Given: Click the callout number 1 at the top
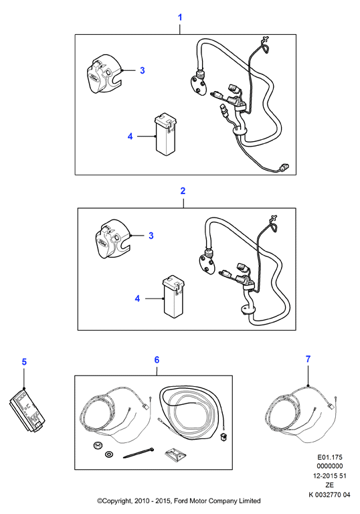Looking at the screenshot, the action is pos(180,17).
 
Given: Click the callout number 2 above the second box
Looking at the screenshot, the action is pos(183,191).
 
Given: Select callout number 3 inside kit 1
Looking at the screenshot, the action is pos(143,70).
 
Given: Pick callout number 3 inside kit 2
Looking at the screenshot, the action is pos(151,236).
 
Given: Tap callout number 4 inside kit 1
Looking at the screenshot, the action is pos(130,137).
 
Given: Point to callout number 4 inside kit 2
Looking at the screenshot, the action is pos(137,298).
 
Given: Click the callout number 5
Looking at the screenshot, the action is pos(24,362).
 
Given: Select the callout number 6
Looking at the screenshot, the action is pos(157,360).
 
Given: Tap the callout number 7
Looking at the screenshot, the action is pos(308,359).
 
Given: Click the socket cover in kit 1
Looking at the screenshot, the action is pos(104,74).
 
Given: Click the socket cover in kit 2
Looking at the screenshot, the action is pos(112,239).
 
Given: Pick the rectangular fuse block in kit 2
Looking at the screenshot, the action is pos(174,298).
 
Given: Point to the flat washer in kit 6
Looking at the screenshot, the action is pos(108,454).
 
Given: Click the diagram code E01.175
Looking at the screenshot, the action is pos(329,457).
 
